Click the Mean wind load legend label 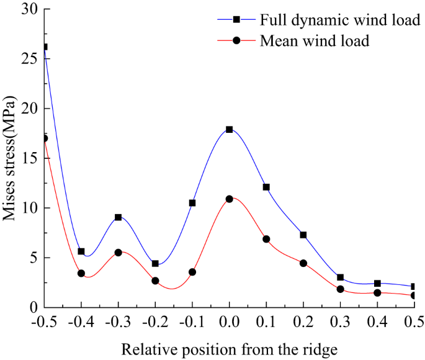(x=315, y=41)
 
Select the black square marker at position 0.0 (x=230, y=129)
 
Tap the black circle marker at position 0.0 (x=230, y=199)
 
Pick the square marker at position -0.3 (x=118, y=217)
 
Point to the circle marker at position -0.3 (x=118, y=253)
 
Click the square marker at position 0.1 (x=266, y=187)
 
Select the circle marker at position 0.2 (x=303, y=263)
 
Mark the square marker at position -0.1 (x=192, y=203)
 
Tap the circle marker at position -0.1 (x=192, y=272)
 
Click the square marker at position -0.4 (x=81, y=251)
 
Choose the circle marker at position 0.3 (x=341, y=289)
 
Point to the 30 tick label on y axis (x=29, y=9)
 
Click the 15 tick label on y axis (x=29, y=158)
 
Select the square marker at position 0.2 (x=303, y=235)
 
